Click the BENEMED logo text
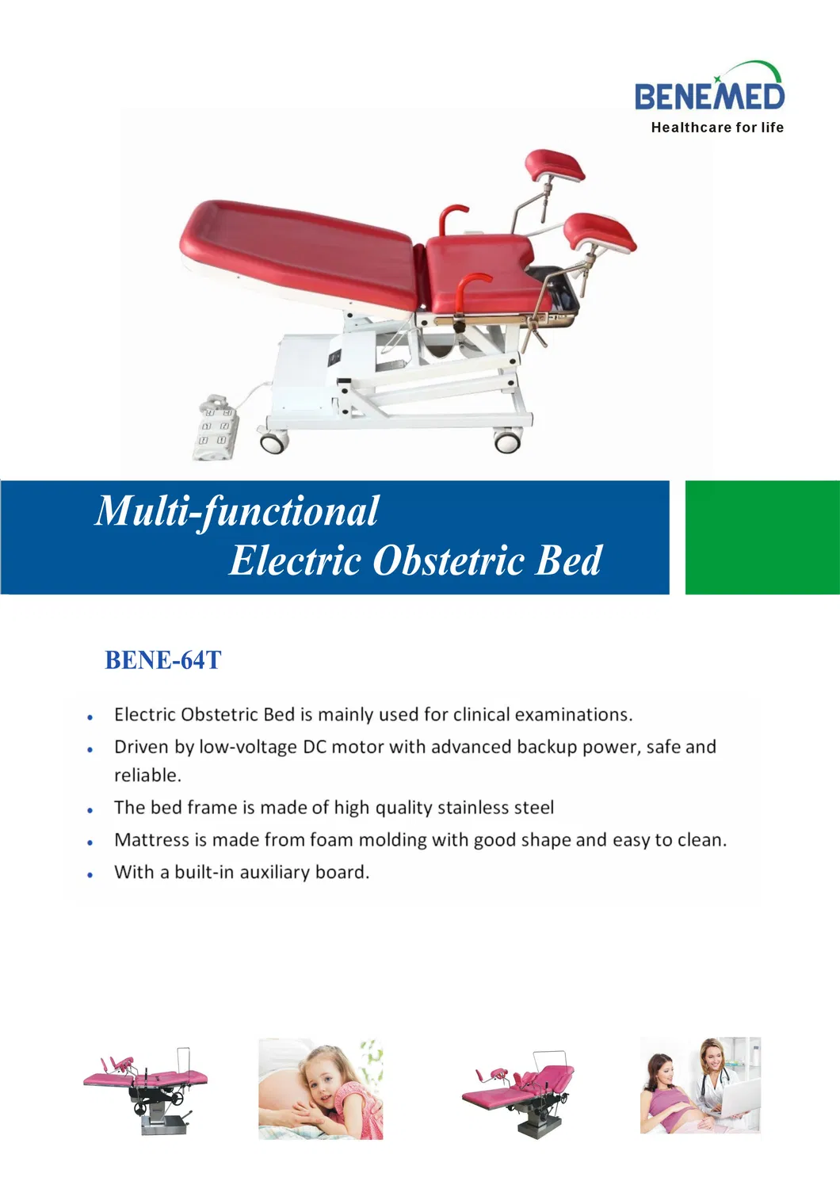(x=709, y=97)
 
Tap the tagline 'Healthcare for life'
(x=717, y=128)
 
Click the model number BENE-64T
(x=162, y=660)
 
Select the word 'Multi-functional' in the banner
(x=237, y=511)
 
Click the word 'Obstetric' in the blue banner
(x=449, y=561)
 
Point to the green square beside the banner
(x=762, y=537)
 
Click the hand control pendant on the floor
(x=216, y=428)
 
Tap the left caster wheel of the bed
(x=273, y=441)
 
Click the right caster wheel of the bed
(x=507, y=439)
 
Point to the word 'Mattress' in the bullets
(x=151, y=840)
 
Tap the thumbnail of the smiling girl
(x=320, y=1089)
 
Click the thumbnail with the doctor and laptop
(x=700, y=1085)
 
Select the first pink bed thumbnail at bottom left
(x=145, y=1088)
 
